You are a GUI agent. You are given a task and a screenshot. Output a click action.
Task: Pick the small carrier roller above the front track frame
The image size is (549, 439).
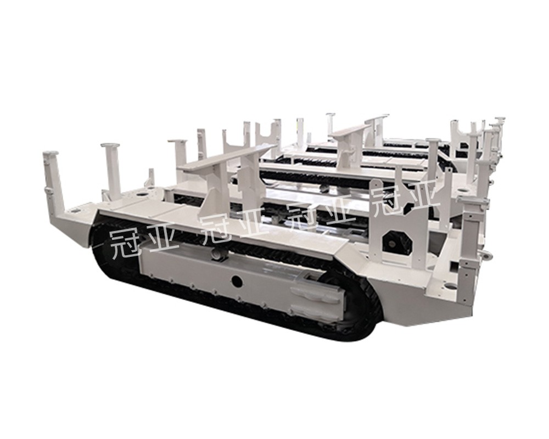click(218, 254)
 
